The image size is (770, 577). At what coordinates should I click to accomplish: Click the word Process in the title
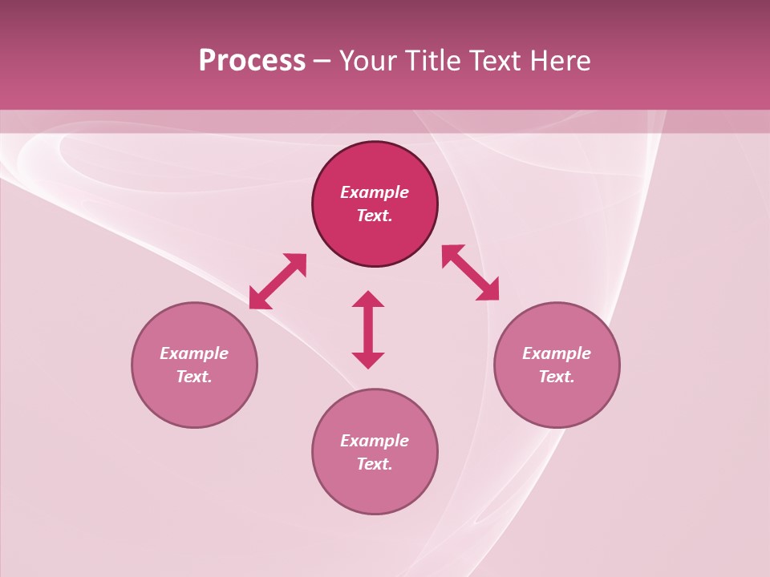pyautogui.click(x=252, y=61)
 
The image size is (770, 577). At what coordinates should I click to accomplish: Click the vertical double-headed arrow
pyautogui.click(x=368, y=329)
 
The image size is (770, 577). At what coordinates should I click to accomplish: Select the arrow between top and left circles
pyautogui.click(x=278, y=281)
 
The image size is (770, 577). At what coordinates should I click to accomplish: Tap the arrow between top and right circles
pyautogui.click(x=470, y=272)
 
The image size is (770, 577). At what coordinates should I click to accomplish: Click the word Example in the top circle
pyautogui.click(x=375, y=192)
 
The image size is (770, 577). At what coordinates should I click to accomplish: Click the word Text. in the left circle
pyautogui.click(x=194, y=377)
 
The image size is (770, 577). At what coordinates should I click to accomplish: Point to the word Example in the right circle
pyautogui.click(x=557, y=353)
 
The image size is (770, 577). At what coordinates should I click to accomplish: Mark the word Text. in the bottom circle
pyautogui.click(x=375, y=464)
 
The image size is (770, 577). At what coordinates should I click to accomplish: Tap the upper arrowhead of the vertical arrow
pyautogui.click(x=368, y=299)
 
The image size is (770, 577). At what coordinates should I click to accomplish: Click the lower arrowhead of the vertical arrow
pyautogui.click(x=368, y=360)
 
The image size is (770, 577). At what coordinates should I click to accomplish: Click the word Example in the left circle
pyautogui.click(x=194, y=353)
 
